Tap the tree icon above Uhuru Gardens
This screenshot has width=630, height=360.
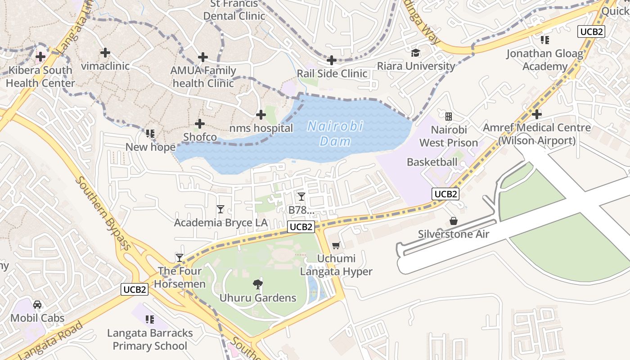[x=258, y=284]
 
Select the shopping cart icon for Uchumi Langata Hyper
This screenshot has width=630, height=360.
[x=336, y=245]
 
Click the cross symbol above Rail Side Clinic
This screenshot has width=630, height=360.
[x=332, y=60]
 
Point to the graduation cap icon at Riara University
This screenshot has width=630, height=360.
[x=415, y=53]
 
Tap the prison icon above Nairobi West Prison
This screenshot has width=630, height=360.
[x=448, y=117]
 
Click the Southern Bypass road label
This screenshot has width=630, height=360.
[x=104, y=213]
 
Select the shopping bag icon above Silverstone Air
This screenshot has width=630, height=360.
[x=454, y=221]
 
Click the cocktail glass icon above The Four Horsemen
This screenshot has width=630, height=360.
[x=180, y=257]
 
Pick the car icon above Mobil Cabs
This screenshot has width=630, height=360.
[x=37, y=305]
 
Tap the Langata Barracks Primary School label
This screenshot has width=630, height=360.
[x=150, y=339]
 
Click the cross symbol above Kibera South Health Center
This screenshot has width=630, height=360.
[x=40, y=57]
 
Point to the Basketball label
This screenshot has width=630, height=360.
[x=432, y=162]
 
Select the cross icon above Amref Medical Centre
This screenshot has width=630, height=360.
[x=536, y=114]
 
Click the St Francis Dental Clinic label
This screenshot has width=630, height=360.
[x=234, y=10]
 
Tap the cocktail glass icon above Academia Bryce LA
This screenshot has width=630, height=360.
[x=220, y=209]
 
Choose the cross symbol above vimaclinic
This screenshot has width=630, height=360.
[x=105, y=53]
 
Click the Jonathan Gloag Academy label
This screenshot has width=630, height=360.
[x=544, y=60]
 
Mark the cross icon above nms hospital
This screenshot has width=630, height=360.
[x=261, y=115]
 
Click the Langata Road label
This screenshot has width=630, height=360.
[x=52, y=341]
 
